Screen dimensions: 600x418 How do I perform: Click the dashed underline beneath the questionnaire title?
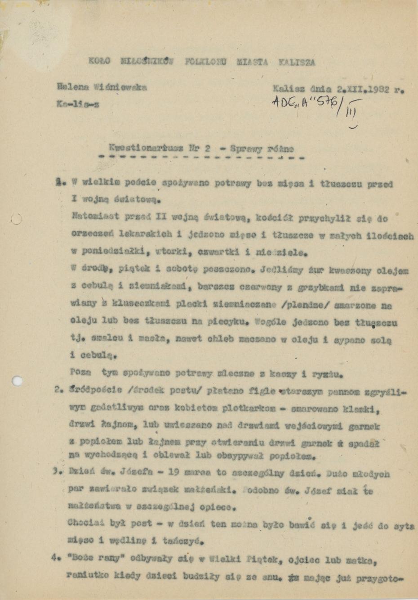coord(201,158)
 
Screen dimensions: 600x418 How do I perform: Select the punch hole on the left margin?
coord(17,380)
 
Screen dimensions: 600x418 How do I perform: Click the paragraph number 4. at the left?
coord(56,559)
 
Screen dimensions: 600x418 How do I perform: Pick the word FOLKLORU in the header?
coord(206,62)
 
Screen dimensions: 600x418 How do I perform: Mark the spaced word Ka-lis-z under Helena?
coord(78,104)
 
